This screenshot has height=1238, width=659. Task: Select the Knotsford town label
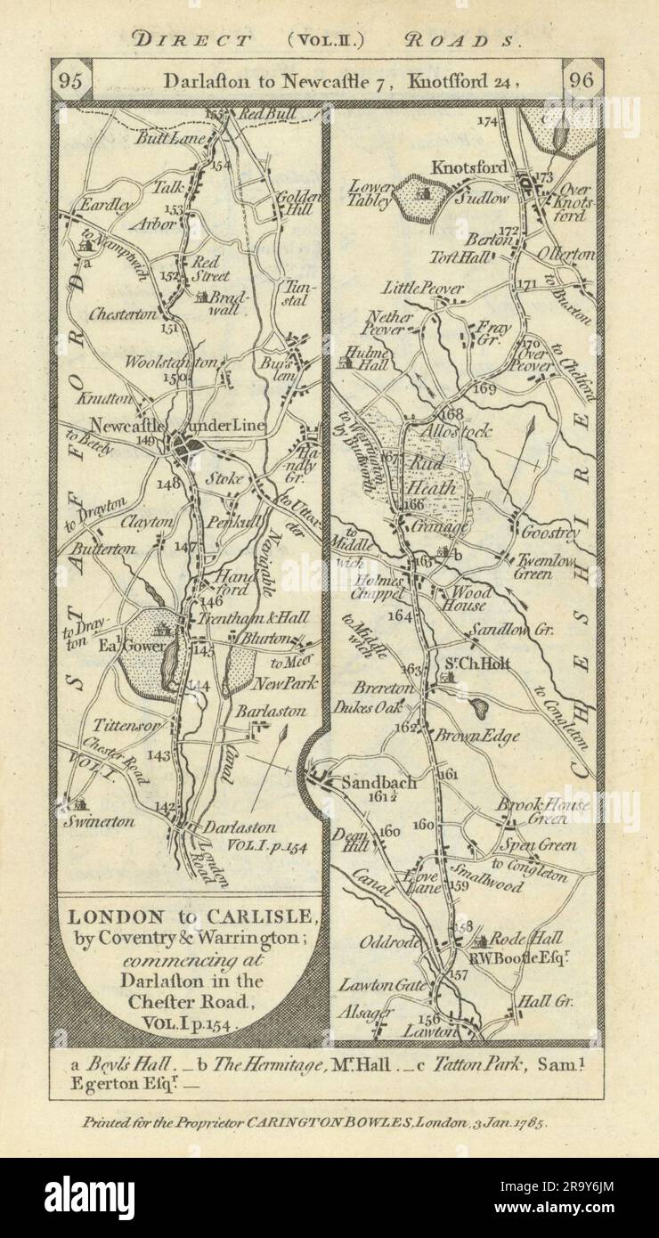pyautogui.click(x=468, y=167)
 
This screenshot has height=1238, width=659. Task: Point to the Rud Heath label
pyautogui.click(x=431, y=475)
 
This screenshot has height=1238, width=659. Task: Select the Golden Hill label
pyautogui.click(x=292, y=208)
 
